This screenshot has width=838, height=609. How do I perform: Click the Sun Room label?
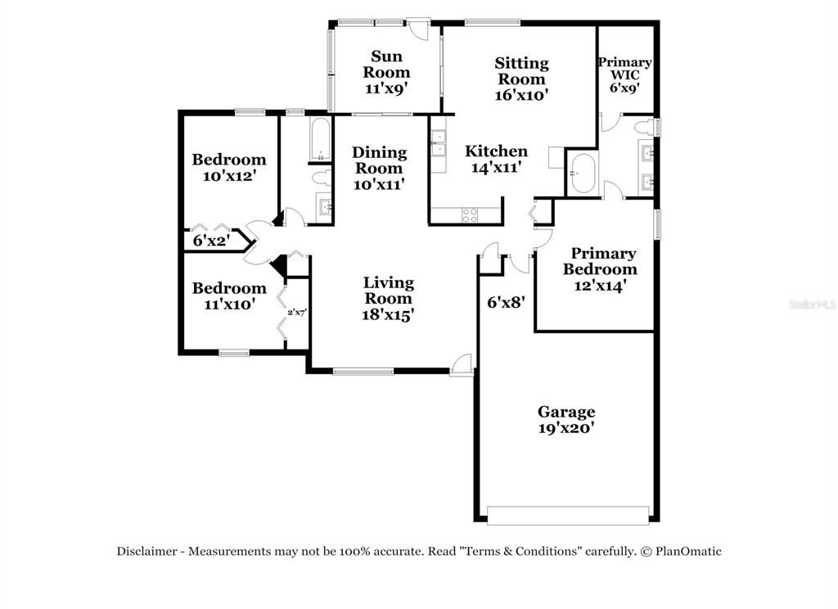click(x=390, y=72)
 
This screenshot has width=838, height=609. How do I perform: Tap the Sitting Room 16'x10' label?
click(x=521, y=79)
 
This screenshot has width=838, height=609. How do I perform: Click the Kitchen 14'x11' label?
click(x=496, y=159)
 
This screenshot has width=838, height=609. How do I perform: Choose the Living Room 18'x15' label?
click(x=389, y=298)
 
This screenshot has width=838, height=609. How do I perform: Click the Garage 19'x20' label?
click(x=565, y=419)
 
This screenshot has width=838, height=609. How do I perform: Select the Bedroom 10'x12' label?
click(x=228, y=167)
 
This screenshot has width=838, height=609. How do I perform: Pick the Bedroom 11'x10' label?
click(x=228, y=295)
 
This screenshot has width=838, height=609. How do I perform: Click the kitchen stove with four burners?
click(x=471, y=214)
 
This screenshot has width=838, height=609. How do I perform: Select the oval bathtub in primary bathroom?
click(x=583, y=174)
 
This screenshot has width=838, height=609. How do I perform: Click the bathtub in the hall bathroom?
click(x=321, y=139)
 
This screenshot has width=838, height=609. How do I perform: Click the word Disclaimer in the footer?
click(x=146, y=552)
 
